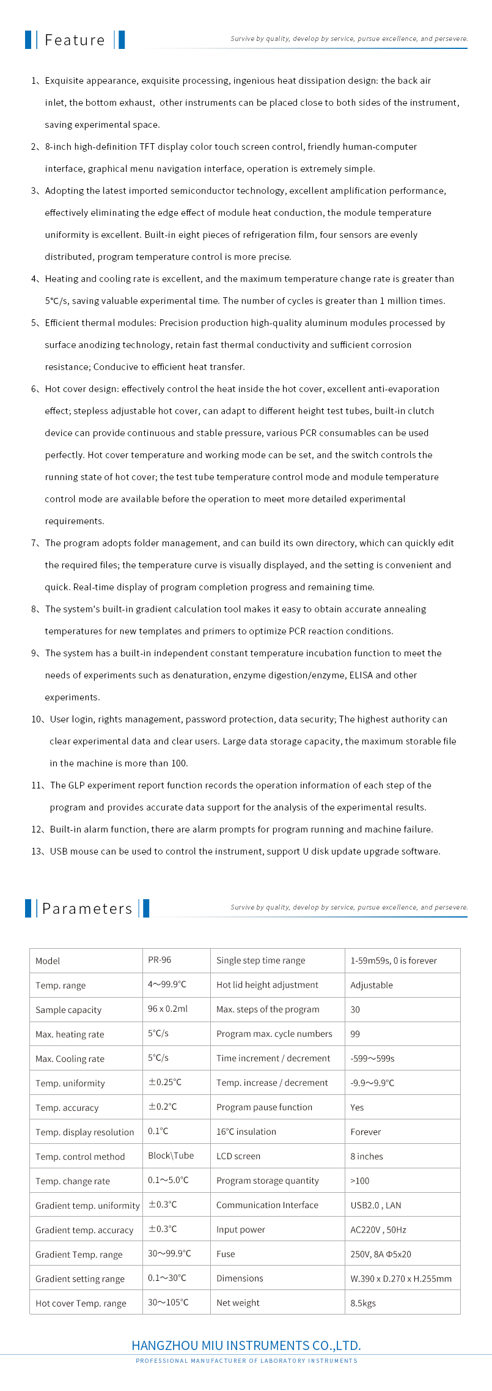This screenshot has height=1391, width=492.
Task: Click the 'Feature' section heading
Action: [75, 40]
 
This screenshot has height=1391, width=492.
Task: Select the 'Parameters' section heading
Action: [87, 909]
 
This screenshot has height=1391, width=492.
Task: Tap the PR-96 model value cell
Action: [160, 960]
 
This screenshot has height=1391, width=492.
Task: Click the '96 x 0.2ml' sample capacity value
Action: [167, 1009]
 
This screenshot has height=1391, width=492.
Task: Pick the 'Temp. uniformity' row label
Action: [70, 1083]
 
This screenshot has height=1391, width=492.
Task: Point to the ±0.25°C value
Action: [164, 1082]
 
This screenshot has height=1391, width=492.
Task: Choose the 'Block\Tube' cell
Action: [171, 1155]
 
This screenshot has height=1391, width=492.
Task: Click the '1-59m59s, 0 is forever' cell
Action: [394, 960]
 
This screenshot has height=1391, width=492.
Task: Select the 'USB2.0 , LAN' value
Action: [376, 1205]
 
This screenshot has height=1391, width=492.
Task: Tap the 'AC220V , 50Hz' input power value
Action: [378, 1230]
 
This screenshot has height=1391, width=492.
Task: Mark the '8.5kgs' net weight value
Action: [363, 1303]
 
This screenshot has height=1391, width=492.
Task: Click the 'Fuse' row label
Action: [226, 1254]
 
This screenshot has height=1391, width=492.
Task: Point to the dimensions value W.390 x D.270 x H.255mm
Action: [401, 1278]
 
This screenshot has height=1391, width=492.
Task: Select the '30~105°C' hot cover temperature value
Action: [168, 1302]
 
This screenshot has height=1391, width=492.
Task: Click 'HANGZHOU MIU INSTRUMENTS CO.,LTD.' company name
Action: [246, 1346]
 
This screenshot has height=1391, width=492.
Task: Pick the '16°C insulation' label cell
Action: [246, 1132]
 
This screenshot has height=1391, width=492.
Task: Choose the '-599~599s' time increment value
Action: [372, 1058]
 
